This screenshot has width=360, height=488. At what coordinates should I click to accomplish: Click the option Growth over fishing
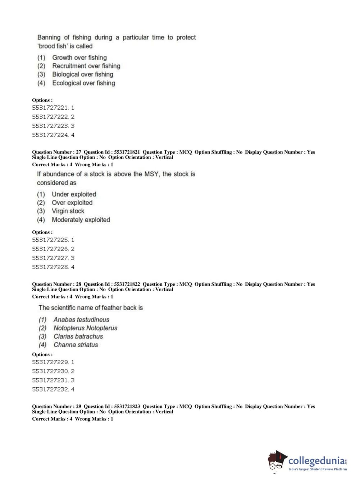tap(79, 58)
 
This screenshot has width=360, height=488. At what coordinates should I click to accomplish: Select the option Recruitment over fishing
tap(86, 66)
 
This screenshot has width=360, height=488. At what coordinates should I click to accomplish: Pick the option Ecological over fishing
tap(83, 83)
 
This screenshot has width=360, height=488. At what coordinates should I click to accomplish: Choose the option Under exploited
tap(74, 194)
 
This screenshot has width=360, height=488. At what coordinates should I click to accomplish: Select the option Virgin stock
tap(68, 211)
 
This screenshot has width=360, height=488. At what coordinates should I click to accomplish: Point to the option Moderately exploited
tap(81, 220)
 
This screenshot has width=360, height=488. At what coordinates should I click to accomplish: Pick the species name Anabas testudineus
tap(81, 320)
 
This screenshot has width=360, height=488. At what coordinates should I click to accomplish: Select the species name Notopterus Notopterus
tap(85, 328)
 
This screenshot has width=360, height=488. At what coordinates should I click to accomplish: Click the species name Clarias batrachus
tap(78, 336)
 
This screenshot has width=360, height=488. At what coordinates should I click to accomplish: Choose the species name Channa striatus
tap(76, 345)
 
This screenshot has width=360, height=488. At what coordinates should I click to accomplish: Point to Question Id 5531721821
tap(127, 152)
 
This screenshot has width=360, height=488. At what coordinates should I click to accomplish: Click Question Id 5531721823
tap(127, 407)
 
